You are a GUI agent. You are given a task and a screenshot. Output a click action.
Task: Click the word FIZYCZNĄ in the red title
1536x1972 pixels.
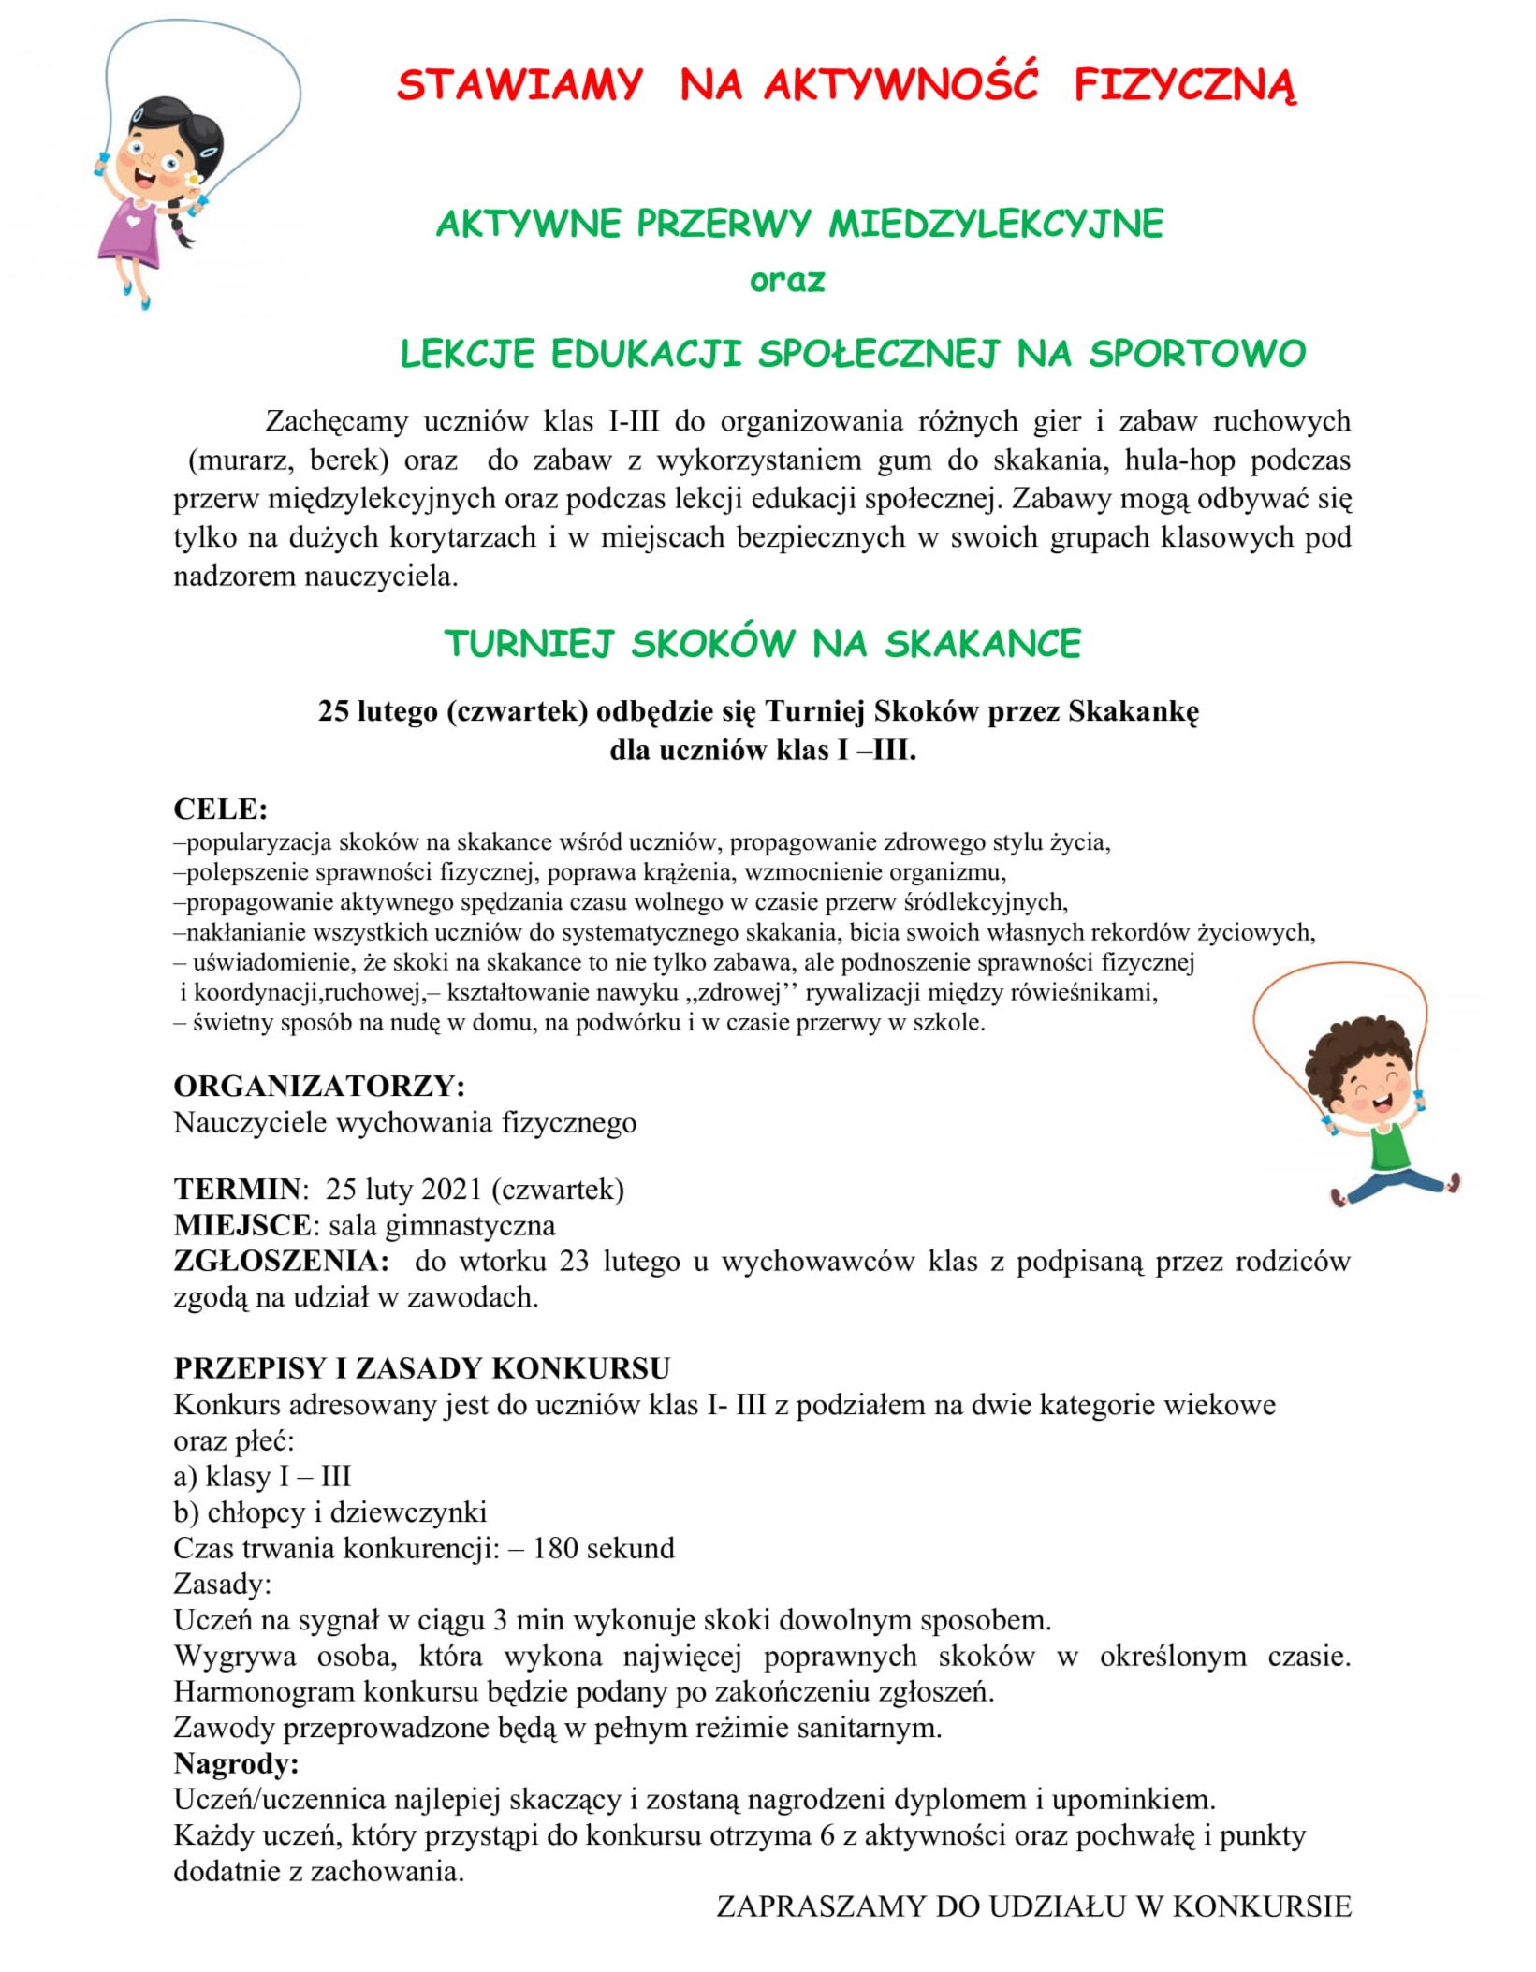(x=1184, y=86)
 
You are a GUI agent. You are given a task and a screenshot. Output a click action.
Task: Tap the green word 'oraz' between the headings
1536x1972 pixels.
(x=787, y=281)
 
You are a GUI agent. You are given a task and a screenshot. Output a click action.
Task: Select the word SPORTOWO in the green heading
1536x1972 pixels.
(x=1197, y=354)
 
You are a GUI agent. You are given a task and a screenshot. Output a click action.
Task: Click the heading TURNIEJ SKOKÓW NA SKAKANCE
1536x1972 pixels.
(x=763, y=644)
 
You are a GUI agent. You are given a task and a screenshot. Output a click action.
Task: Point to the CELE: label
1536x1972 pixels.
(x=221, y=809)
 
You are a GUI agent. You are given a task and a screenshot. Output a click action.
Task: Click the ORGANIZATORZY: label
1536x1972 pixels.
(x=319, y=1086)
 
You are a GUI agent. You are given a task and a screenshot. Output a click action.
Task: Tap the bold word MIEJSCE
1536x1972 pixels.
(x=242, y=1225)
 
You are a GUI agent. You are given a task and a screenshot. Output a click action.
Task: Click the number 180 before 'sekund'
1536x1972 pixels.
(x=555, y=1548)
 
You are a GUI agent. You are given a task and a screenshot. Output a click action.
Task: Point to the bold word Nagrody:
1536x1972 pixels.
(x=236, y=1763)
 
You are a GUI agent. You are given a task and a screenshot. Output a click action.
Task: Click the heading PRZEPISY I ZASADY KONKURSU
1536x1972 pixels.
(x=422, y=1368)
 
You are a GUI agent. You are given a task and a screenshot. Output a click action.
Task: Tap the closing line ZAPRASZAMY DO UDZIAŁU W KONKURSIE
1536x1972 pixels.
(x=1034, y=1906)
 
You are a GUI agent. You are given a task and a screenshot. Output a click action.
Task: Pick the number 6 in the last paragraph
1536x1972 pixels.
(x=827, y=1835)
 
